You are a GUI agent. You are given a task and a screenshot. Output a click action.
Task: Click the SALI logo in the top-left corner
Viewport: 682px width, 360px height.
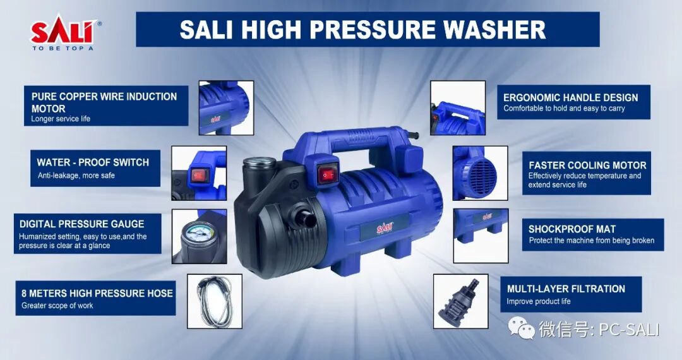65,35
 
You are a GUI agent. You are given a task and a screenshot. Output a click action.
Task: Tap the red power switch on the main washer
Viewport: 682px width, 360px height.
328,174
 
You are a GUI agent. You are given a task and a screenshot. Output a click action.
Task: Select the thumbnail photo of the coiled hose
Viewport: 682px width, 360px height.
215,301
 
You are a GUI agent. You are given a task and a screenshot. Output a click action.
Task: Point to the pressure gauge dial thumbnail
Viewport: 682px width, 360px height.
199,236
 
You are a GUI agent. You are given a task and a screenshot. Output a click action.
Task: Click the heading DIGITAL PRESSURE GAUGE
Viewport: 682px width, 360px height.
81,224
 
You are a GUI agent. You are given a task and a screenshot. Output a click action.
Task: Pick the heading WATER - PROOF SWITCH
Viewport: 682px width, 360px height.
93,162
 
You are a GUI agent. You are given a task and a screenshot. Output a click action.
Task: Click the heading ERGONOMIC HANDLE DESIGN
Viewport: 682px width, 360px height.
571,97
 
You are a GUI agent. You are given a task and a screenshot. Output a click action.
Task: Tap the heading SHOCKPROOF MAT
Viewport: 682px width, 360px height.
572,229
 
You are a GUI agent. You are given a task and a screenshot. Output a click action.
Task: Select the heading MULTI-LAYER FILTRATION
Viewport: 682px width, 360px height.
566,289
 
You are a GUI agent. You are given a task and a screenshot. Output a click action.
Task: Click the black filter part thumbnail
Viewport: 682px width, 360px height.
460,301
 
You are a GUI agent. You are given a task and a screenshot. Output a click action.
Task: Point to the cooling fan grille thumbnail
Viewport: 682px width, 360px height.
480,173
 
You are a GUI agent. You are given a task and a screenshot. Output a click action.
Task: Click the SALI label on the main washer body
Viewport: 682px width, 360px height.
385,228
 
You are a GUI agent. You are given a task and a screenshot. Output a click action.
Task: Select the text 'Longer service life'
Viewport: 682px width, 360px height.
61,119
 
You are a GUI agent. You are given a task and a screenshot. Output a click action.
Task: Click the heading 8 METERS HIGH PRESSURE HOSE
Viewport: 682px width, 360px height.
97,293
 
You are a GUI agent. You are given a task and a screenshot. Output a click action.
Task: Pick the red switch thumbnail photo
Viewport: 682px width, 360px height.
199,173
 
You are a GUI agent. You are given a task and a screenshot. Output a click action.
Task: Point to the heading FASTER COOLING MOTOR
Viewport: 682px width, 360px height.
588,165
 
